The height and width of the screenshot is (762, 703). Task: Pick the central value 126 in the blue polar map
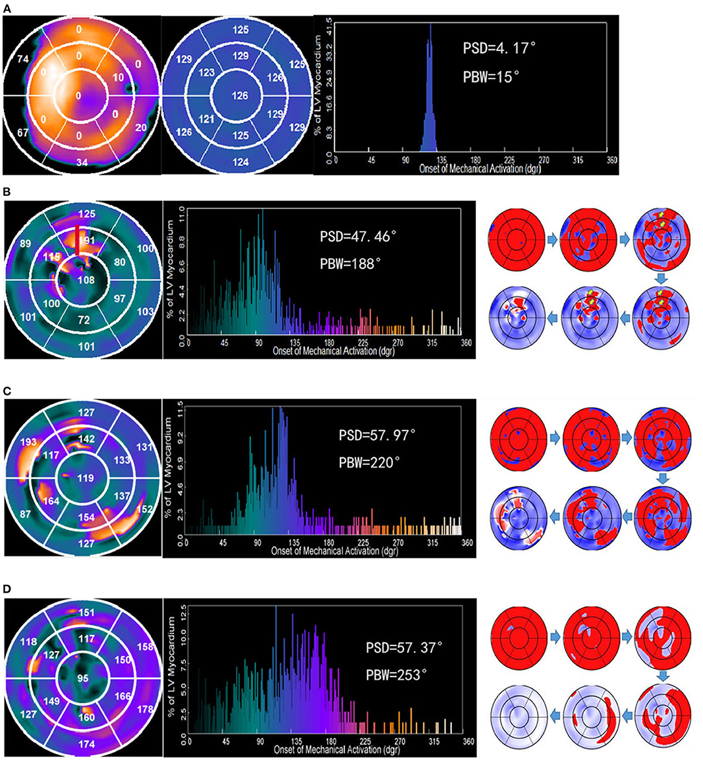[240, 96]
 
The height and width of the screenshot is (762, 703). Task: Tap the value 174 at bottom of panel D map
[86, 744]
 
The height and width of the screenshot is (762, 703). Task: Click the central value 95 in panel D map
[82, 679]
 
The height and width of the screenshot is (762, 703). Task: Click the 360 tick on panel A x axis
[612, 160]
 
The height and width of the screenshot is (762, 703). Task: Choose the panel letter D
[7, 589]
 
